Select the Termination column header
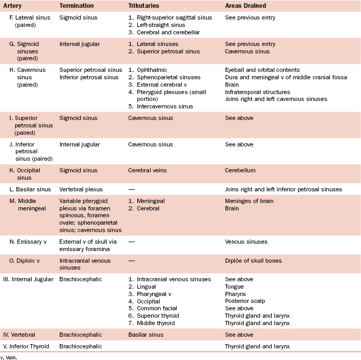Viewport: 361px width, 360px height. [x=77, y=5]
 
